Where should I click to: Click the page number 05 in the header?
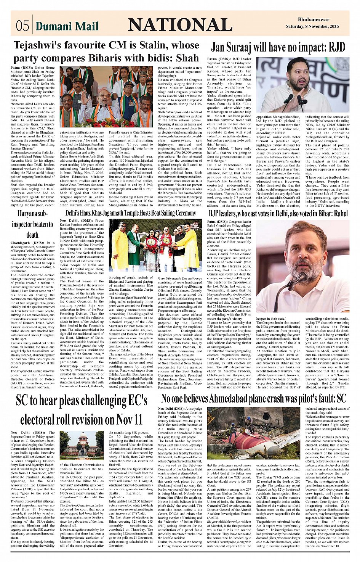pyautogui.click(x=22, y=25)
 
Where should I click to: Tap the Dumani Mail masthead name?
pyautogui.click(x=67, y=26)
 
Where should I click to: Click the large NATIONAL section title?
pyautogui.click(x=180, y=25)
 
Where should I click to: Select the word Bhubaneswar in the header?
pyautogui.click(x=314, y=19)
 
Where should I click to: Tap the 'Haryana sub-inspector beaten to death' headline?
pyautogui.click(x=32, y=224)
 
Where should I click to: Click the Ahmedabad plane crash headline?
pyautogui.click(x=253, y=399)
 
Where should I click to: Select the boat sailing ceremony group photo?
pyautogui.click(x=155, y=245)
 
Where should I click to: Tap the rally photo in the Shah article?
pyautogui.click(x=106, y=97)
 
